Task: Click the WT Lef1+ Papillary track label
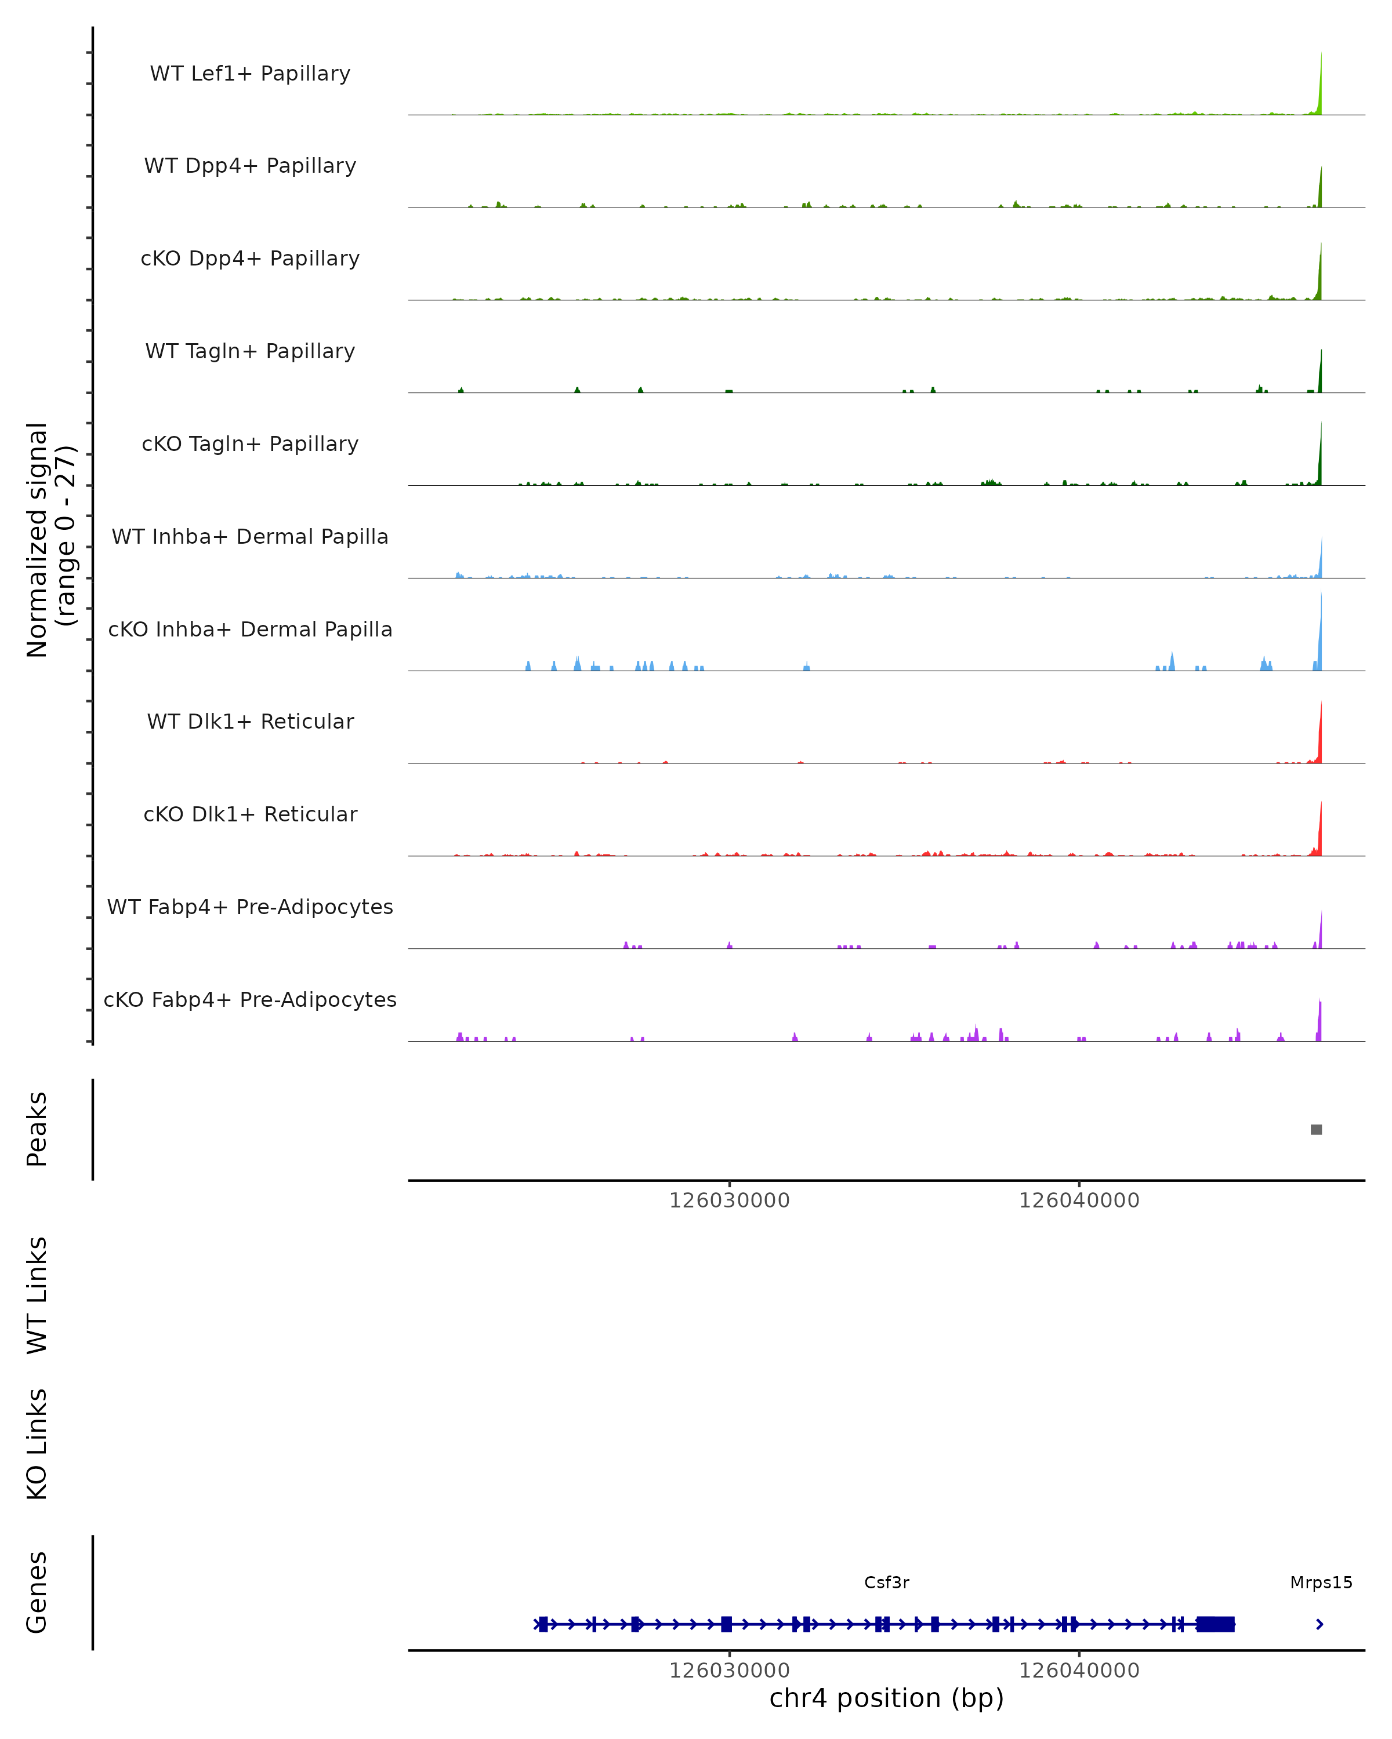[x=250, y=74]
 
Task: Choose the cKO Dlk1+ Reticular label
[x=250, y=814]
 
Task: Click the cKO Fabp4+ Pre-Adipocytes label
[x=250, y=999]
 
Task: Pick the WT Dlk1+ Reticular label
[x=250, y=721]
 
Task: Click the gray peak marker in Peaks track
[x=1316, y=1129]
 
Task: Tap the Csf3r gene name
[x=886, y=1582]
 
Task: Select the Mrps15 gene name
[x=1321, y=1582]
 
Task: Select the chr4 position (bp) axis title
[x=886, y=1698]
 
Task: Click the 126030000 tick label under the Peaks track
[x=730, y=1200]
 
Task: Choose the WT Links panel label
[x=37, y=1294]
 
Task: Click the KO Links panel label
[x=37, y=1444]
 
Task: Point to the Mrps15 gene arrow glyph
[x=1319, y=1624]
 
